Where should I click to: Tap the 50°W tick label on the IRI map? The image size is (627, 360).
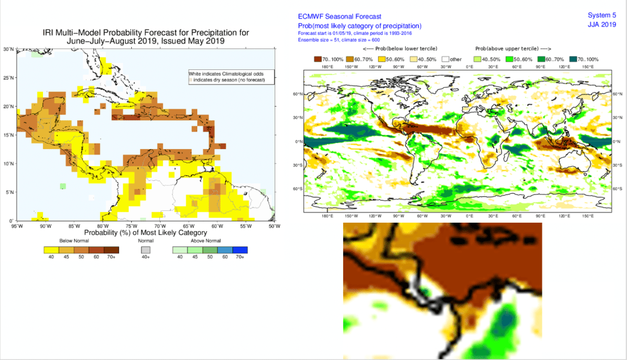[x=274, y=226]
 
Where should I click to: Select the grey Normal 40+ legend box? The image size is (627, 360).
[x=145, y=250]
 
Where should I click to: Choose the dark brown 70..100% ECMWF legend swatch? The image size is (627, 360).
[x=318, y=58]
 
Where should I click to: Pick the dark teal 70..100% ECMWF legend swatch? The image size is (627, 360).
[x=574, y=58]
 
